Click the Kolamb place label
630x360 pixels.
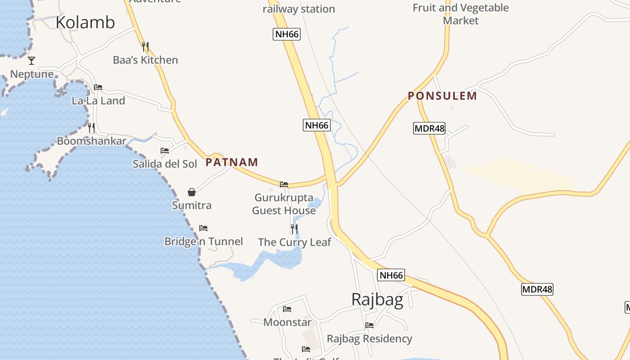pos(85,22)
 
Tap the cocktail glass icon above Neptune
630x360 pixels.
pos(31,60)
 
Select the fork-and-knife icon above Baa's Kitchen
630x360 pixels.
pos(145,46)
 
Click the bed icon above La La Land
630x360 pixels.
pos(98,87)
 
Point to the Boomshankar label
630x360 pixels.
pos(91,141)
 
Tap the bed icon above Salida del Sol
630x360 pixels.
pos(165,150)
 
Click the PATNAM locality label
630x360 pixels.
pos(232,162)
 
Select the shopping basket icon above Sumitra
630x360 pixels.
pos(192,192)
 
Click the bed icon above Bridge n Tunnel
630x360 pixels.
pos(203,228)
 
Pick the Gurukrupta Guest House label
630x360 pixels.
pos(284,204)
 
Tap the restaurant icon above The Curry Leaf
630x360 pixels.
pos(294,229)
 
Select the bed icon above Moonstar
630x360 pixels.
pos(287,309)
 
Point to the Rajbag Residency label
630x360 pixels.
pos(369,338)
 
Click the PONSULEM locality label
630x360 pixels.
pos(442,95)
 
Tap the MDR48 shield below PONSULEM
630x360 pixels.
pos(429,128)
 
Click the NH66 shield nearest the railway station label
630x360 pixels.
pos(287,34)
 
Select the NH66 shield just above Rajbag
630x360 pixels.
pos(391,275)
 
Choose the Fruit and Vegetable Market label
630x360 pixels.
pos(461,14)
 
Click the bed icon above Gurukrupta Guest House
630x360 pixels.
pos(284,184)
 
